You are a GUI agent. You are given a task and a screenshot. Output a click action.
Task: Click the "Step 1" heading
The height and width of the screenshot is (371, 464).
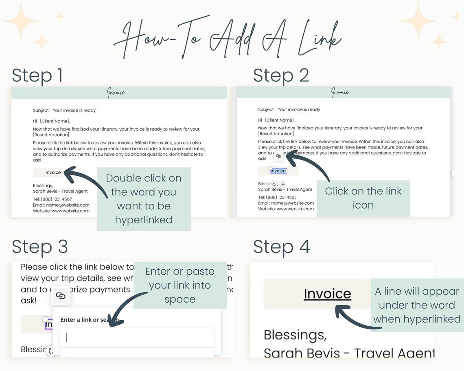point(37,76)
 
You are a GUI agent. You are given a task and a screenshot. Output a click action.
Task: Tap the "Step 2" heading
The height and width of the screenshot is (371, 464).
point(281,76)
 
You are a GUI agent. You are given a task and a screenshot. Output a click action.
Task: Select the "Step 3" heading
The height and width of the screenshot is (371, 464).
point(39,247)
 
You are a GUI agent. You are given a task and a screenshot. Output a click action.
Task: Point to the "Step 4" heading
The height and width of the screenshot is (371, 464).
point(281,247)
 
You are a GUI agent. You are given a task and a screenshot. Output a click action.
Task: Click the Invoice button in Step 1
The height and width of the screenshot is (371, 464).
point(53,172)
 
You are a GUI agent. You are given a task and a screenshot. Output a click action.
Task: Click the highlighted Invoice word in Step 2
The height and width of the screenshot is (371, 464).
point(278,171)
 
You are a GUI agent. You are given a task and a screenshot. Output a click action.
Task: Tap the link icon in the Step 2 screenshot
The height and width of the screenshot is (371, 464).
point(278,156)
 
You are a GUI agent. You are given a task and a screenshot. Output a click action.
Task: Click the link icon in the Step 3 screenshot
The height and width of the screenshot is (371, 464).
point(60,296)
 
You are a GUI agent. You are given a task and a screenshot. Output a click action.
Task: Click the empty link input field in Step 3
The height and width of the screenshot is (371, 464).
point(137,338)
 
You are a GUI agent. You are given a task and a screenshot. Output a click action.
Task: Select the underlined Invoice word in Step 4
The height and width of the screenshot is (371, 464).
point(327,294)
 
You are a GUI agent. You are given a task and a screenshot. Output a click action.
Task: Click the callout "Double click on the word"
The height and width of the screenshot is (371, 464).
point(144,199)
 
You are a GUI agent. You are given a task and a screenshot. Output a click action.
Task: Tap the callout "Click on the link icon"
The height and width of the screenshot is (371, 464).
point(363,198)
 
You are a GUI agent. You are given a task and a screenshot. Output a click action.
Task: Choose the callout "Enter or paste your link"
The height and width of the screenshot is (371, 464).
point(180,285)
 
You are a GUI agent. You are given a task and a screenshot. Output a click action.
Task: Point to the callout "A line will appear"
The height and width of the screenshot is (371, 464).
point(417,305)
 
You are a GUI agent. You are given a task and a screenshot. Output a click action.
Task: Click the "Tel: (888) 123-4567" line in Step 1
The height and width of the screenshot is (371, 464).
point(53,199)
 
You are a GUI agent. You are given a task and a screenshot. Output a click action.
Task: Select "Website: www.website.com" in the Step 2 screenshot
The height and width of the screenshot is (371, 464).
point(286,209)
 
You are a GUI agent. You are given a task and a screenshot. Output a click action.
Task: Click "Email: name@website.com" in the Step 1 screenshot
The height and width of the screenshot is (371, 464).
point(61,205)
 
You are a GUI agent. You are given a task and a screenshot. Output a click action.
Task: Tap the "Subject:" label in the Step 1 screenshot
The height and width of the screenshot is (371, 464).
point(41,110)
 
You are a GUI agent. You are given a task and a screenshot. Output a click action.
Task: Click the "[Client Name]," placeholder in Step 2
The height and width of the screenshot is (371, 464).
point(280,120)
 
